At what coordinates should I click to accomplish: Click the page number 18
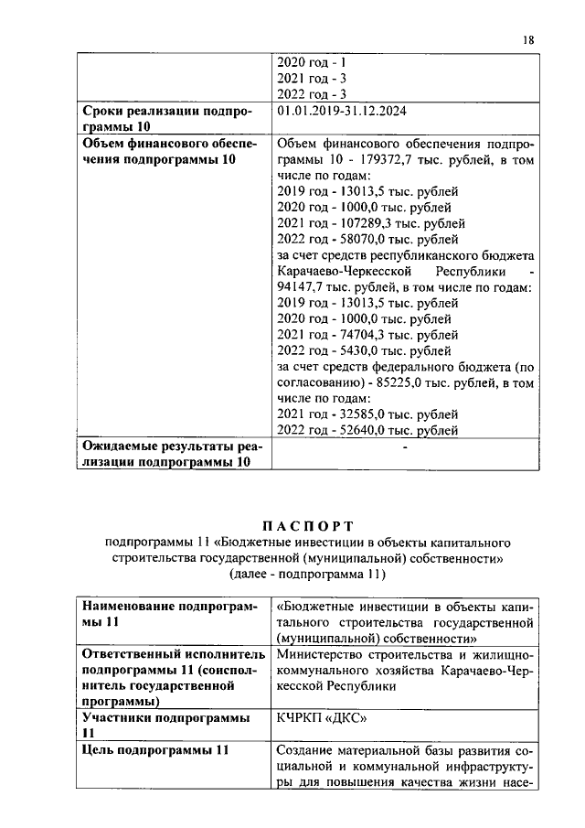[527, 41]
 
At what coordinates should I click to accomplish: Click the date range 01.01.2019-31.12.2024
[341, 112]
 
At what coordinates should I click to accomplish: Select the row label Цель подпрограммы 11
[154, 750]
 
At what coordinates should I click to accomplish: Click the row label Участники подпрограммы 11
[165, 726]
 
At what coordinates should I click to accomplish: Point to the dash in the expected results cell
[403, 447]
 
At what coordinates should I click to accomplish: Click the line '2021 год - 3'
[311, 79]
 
